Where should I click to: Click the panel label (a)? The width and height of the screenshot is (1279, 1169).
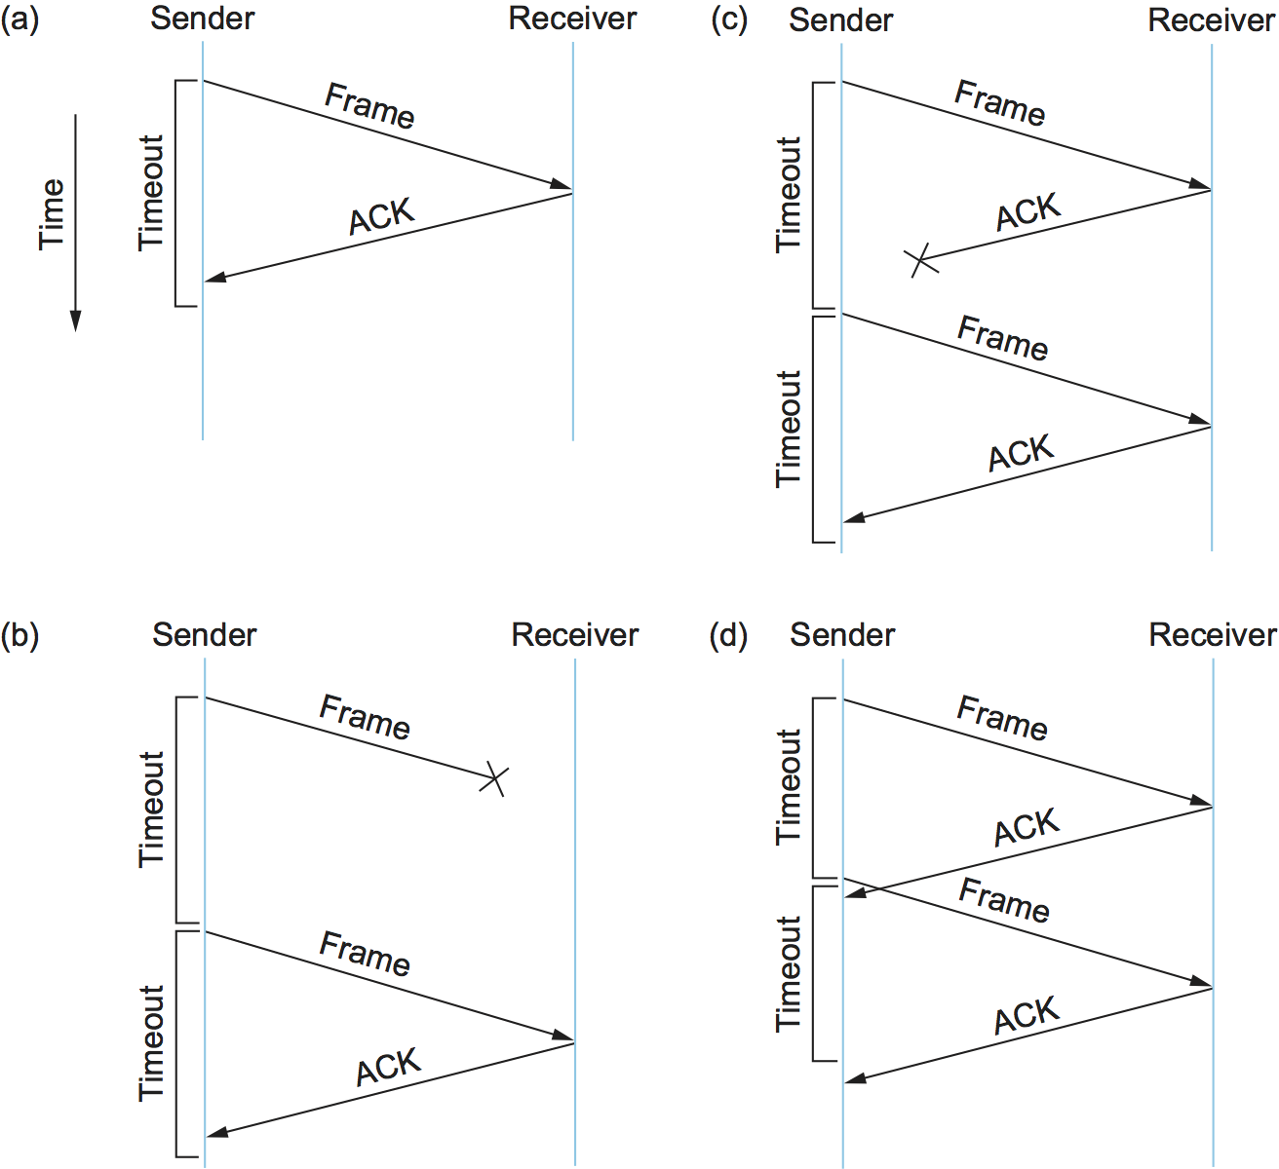(19, 19)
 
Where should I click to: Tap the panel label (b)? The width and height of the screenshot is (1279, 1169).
(19, 635)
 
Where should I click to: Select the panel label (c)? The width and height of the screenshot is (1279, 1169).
(729, 19)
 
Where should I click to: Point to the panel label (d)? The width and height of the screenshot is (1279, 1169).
(729, 635)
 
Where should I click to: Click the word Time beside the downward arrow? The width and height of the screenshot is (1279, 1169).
(52, 214)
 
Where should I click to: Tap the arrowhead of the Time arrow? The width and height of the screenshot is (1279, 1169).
(75, 322)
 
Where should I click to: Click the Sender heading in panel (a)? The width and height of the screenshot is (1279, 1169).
(203, 19)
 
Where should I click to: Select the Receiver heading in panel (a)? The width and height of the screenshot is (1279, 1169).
(573, 19)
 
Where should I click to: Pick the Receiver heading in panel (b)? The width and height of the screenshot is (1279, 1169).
(575, 635)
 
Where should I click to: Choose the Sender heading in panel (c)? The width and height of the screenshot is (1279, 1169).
(841, 19)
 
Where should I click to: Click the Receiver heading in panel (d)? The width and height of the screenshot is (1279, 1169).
(1213, 635)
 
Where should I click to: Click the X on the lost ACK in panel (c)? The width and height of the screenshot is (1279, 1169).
(921, 260)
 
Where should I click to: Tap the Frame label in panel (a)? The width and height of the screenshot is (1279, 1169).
(370, 105)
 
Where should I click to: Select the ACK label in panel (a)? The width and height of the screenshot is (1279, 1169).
(382, 216)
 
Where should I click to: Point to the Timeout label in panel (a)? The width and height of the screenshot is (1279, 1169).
(151, 193)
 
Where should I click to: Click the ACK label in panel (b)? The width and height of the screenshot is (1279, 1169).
(388, 1067)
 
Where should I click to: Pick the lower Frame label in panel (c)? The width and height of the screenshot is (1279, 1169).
(1003, 338)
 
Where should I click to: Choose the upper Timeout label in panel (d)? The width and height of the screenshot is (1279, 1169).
(788, 787)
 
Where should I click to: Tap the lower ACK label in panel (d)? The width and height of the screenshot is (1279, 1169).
(1027, 1015)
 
